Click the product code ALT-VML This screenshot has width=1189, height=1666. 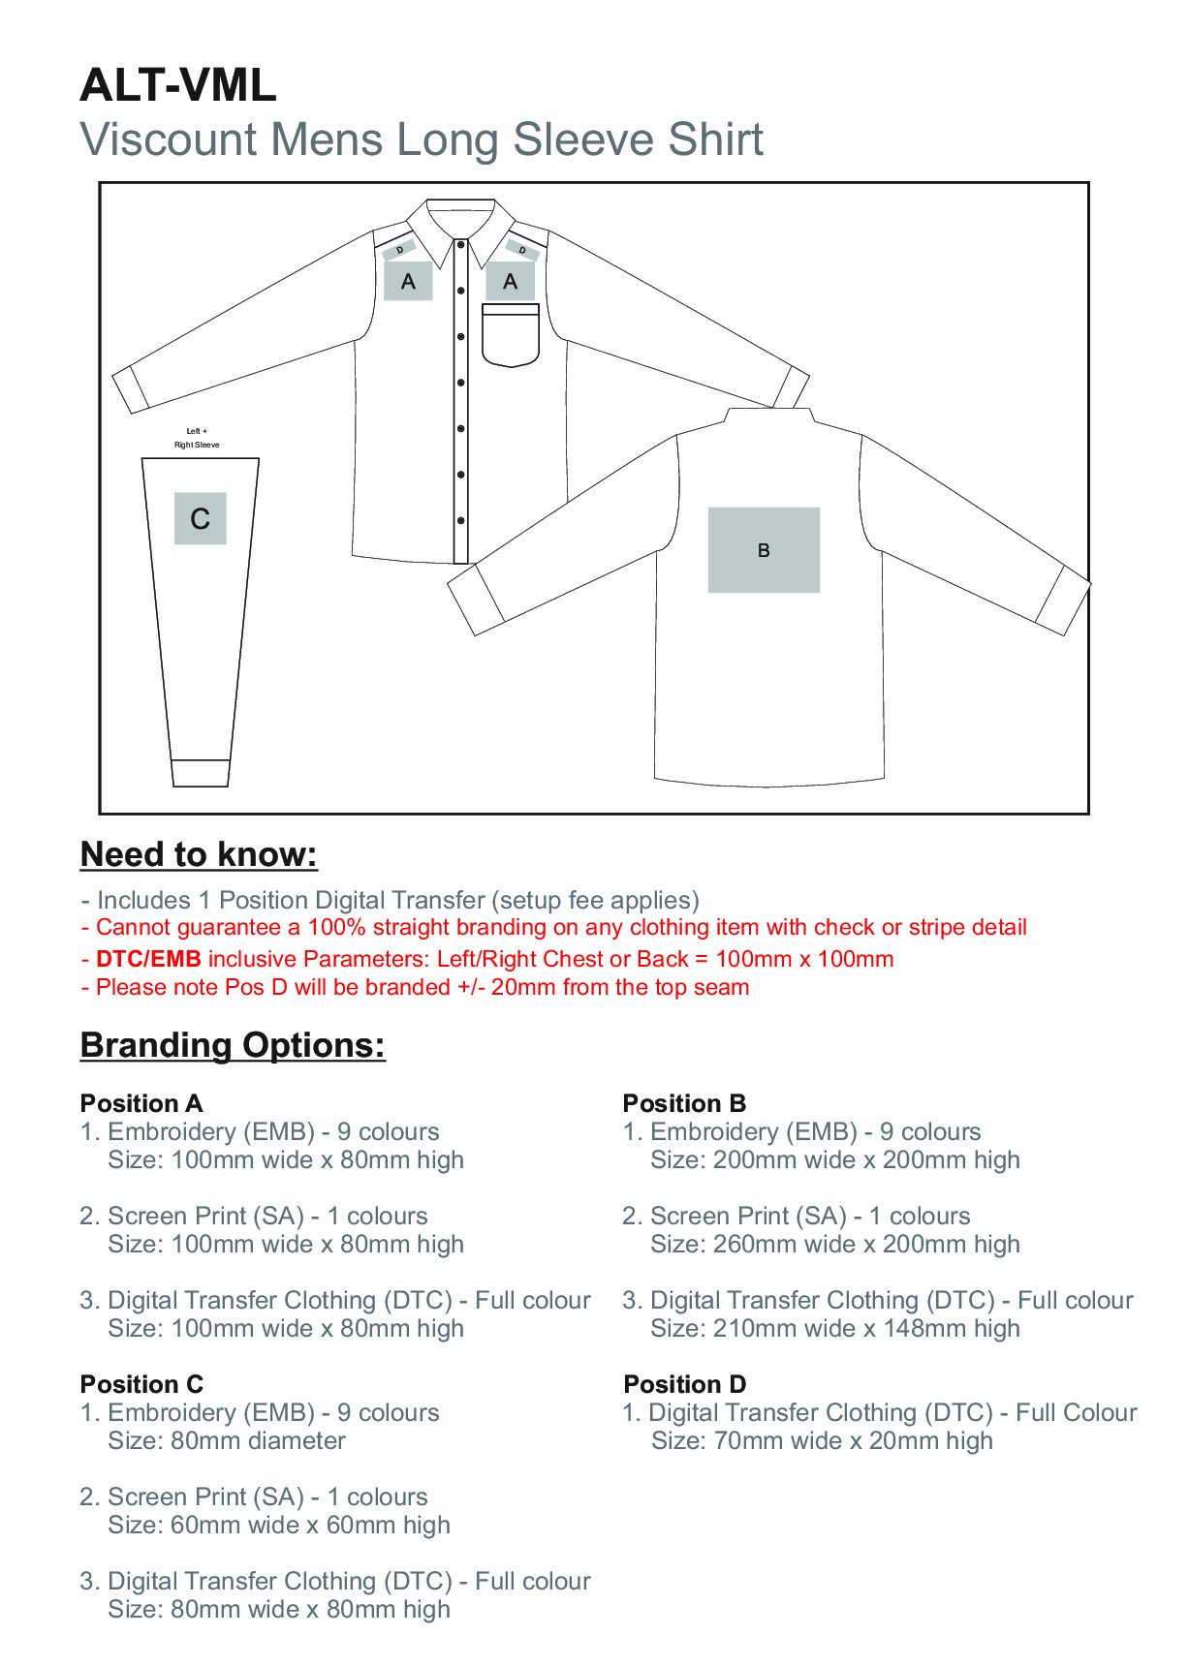(178, 85)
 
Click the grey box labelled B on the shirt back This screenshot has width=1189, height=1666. (764, 549)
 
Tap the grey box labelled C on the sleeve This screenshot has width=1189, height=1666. (201, 518)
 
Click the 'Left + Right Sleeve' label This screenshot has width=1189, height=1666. (197, 438)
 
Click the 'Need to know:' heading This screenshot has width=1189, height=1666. (199, 854)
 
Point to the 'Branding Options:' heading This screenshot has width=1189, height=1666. (233, 1045)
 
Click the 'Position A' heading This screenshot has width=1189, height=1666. (141, 1103)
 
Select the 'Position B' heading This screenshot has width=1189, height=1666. (684, 1103)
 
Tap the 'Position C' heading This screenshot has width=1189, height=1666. (141, 1384)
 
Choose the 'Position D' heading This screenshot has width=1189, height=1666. (685, 1384)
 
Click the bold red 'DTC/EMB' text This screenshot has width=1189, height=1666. (148, 959)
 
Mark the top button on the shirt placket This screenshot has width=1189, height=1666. (461, 245)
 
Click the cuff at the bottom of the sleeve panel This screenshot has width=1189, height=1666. (200, 773)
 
